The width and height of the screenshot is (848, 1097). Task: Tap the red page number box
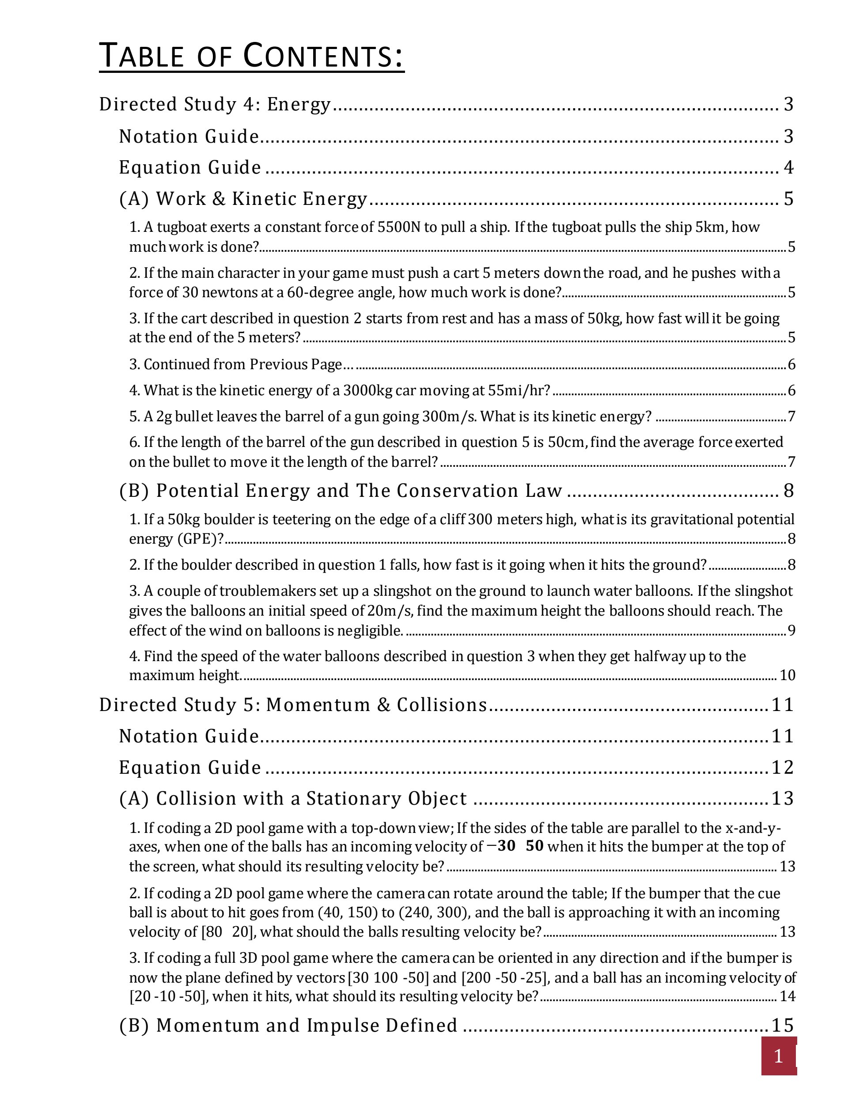point(778,1056)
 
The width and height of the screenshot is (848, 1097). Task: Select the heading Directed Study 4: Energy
point(215,105)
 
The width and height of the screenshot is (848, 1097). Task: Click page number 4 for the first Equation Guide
point(788,167)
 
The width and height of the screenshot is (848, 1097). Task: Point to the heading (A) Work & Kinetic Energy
point(243,199)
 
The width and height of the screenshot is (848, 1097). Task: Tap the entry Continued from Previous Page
point(242,364)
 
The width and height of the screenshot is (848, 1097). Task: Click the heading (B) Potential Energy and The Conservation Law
point(341,491)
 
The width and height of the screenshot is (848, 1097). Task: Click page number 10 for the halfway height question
point(787,675)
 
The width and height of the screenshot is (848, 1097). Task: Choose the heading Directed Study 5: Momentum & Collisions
point(293,705)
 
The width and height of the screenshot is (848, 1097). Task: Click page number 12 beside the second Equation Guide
point(782,768)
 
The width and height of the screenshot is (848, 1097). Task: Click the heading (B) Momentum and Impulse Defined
point(288,1025)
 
